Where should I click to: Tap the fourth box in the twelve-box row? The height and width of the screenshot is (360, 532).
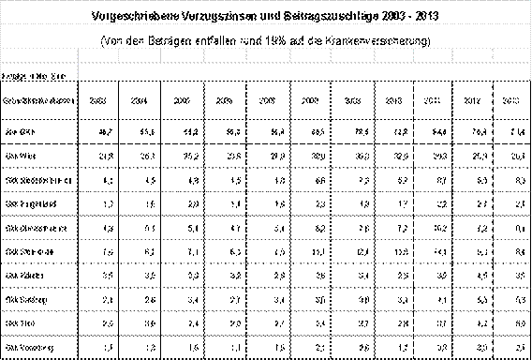(x=183, y=55)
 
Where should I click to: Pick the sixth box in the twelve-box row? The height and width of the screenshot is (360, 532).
(x=269, y=55)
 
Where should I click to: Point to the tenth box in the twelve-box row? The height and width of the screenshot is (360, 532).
(x=433, y=55)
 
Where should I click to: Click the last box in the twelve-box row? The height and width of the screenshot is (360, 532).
(x=511, y=55)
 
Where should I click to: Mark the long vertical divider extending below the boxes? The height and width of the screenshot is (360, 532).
(x=78, y=73)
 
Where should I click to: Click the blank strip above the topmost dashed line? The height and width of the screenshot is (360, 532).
(x=266, y=11)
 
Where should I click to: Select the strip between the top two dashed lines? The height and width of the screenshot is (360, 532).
(x=266, y=34)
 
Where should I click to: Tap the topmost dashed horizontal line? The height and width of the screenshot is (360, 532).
(x=266, y=23)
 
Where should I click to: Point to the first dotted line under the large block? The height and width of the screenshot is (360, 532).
(x=266, y=168)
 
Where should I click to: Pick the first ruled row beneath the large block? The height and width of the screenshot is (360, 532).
(x=266, y=180)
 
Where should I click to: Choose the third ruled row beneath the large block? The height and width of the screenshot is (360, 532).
(x=266, y=228)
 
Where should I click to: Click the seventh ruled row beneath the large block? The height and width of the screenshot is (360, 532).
(x=266, y=322)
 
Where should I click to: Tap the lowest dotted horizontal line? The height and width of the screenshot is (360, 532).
(x=266, y=335)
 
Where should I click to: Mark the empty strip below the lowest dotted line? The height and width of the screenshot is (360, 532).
(x=266, y=348)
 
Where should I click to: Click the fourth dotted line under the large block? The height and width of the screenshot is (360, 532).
(x=266, y=239)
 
